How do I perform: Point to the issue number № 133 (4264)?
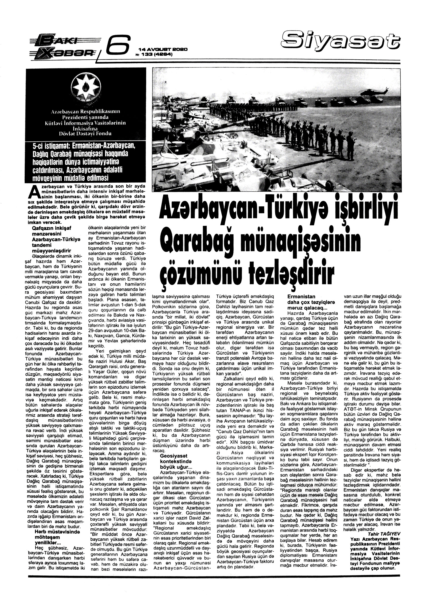[154, 55]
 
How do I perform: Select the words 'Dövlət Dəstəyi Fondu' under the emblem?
[85, 134]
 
